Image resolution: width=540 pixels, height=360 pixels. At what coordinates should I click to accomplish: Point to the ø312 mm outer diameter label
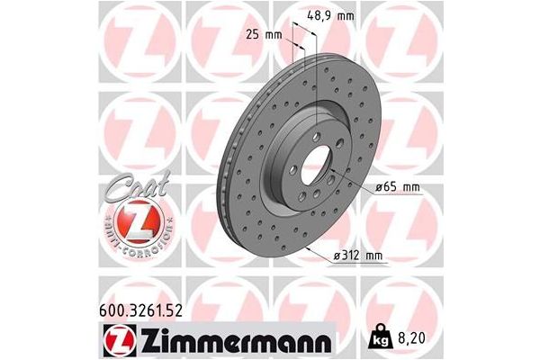coord(360,256)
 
